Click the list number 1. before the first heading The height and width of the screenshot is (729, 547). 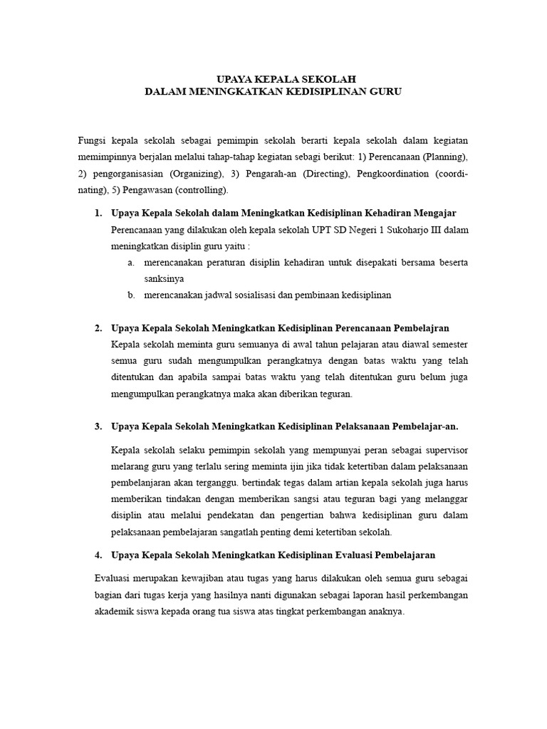98,213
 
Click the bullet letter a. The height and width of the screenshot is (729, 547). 132,263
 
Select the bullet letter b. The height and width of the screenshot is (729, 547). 132,295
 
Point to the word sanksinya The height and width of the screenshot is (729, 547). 164,279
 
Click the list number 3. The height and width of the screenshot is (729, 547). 98,426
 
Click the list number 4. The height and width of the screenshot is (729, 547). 98,554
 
